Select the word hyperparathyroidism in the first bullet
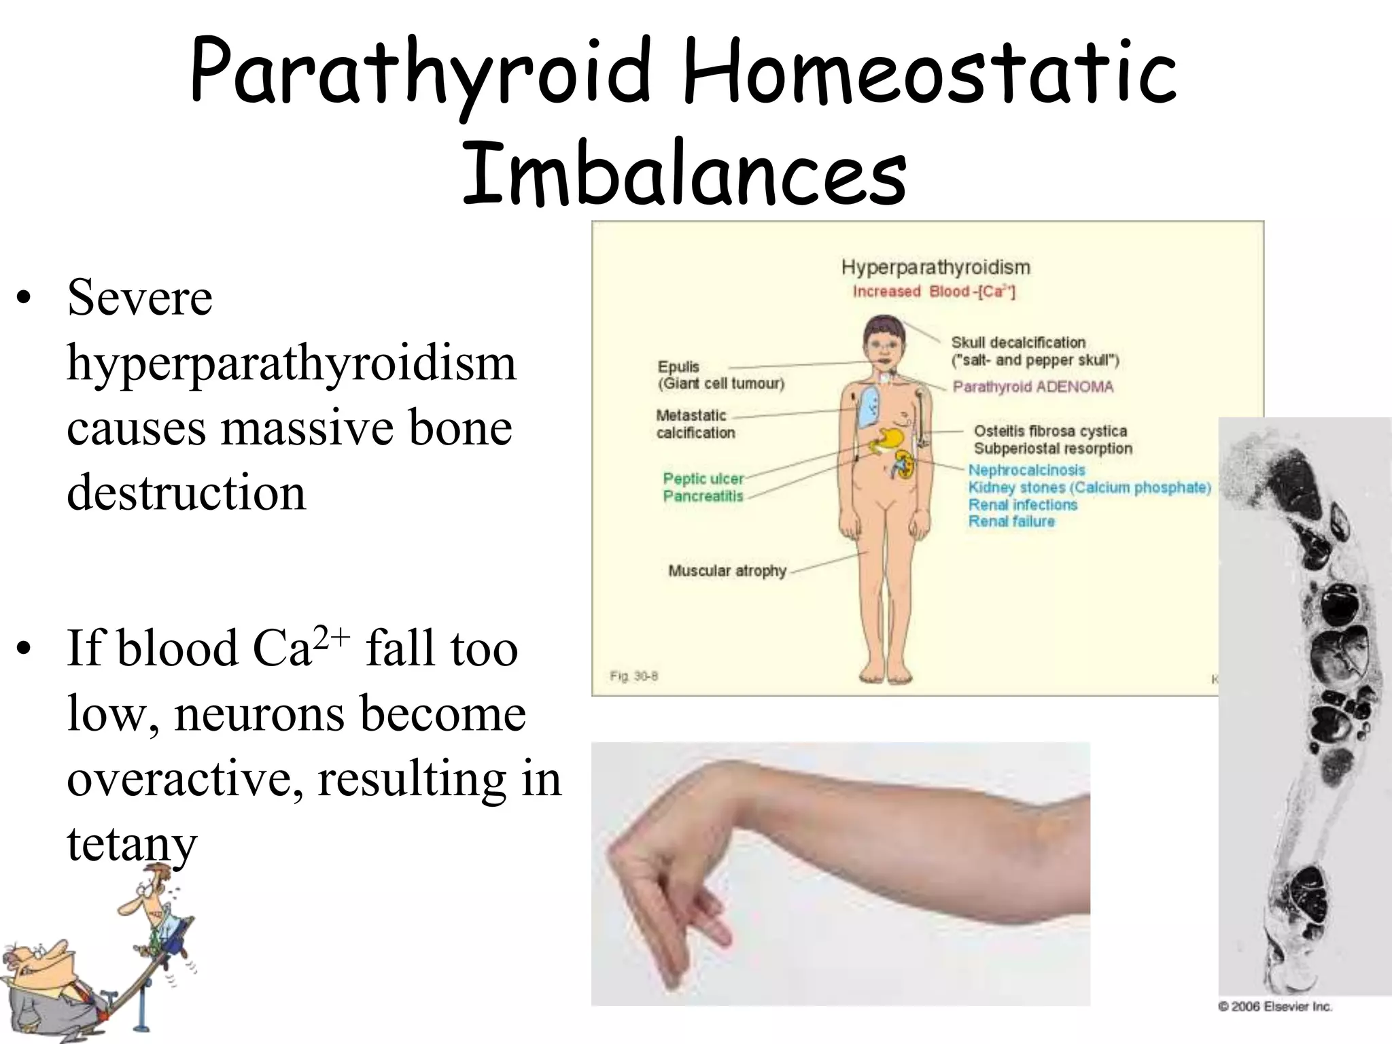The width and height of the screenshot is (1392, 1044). (292, 364)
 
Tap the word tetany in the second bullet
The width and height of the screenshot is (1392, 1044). (132, 844)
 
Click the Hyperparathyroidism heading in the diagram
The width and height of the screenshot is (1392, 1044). (935, 267)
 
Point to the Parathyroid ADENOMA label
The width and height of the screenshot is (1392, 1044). (1032, 387)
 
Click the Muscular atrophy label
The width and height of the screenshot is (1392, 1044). (727, 570)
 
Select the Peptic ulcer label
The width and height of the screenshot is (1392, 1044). (703, 478)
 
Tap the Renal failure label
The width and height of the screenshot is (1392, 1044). (1011, 521)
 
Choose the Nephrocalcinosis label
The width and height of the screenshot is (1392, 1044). (1026, 470)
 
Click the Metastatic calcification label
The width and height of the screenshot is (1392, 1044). (695, 423)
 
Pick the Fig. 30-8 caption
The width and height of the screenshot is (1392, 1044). (633, 676)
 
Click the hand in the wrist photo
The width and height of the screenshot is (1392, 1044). (666, 884)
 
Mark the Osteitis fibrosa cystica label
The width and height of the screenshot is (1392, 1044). (1050, 431)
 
